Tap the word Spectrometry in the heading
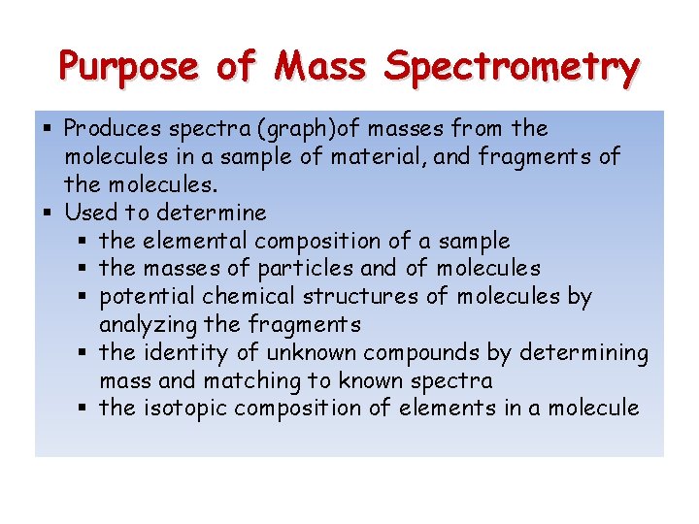512,68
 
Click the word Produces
114,128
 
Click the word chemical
243,297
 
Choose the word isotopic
183,409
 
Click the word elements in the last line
458,409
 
